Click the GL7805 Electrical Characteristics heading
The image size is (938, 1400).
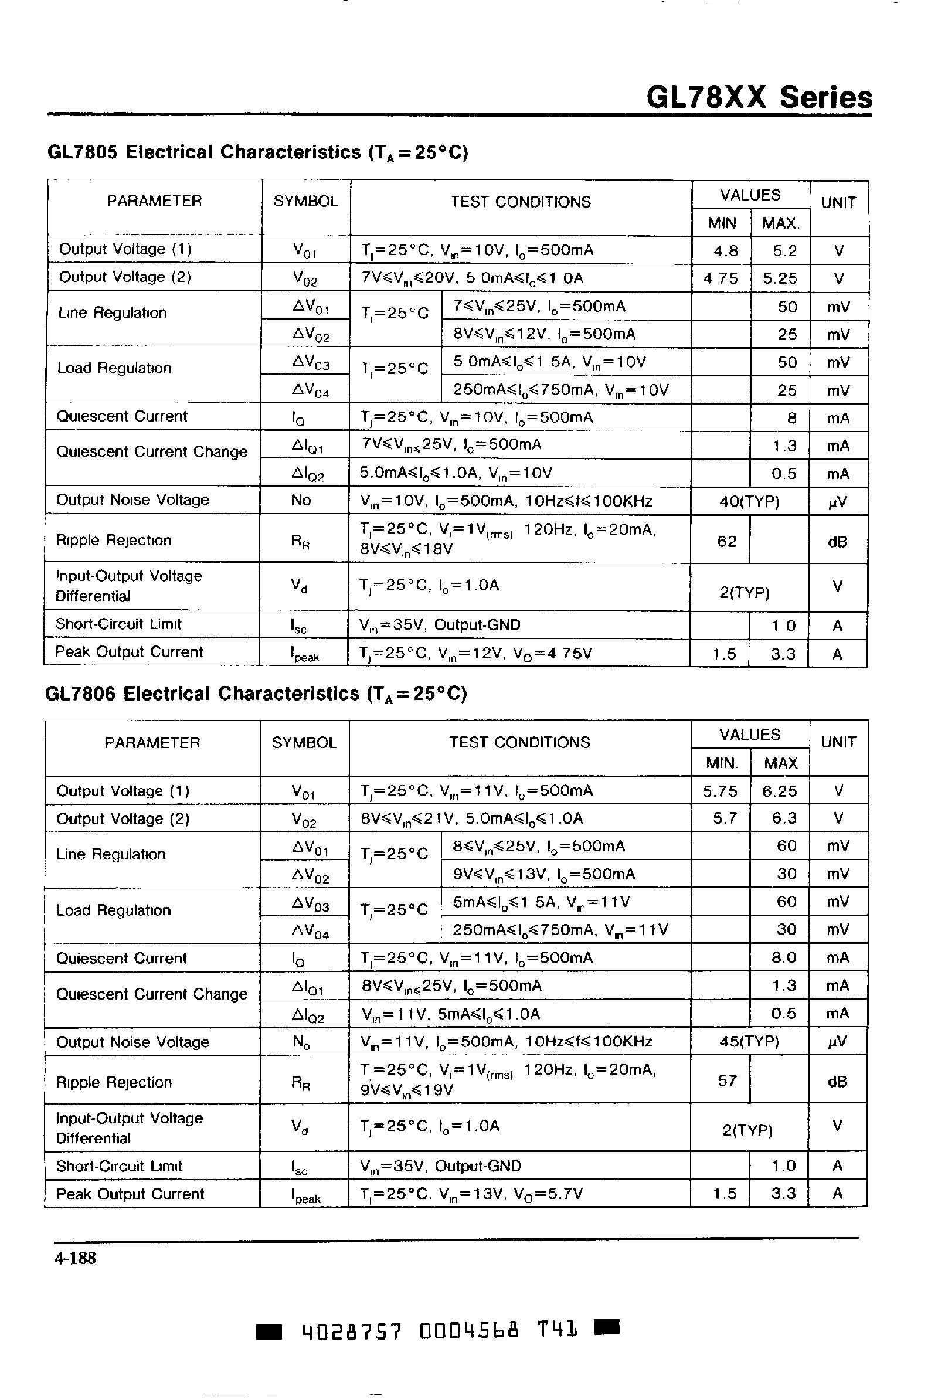(257, 152)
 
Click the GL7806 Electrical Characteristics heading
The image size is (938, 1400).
(256, 694)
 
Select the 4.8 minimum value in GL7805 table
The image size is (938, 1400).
(725, 251)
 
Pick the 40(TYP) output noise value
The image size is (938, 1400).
(750, 501)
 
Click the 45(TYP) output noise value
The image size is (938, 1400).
(750, 1042)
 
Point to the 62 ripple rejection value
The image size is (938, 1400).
(726, 542)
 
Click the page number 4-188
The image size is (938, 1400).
(75, 1258)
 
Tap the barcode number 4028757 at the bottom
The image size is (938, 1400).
(351, 1333)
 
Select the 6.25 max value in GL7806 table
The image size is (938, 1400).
(780, 791)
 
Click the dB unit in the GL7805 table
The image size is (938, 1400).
(837, 542)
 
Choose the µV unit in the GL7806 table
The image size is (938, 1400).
(837, 1042)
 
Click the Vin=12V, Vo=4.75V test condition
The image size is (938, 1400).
(476, 653)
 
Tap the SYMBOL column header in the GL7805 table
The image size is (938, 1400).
(305, 202)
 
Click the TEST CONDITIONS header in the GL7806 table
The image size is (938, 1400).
(519, 742)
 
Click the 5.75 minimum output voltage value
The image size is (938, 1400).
(721, 791)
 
